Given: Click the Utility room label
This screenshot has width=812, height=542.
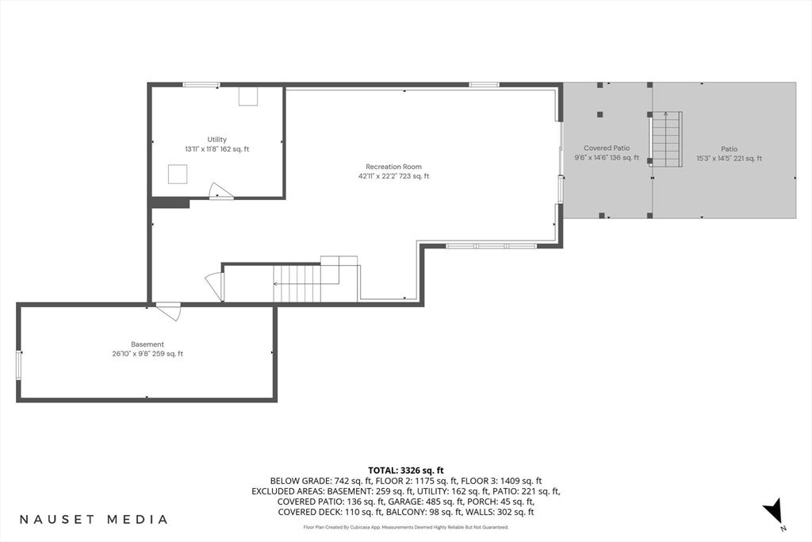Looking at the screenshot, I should [x=216, y=140].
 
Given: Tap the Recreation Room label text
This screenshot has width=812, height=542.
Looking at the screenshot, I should [x=393, y=167].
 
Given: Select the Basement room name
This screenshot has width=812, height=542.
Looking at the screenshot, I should [x=147, y=344].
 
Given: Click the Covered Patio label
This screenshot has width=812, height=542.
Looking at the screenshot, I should [x=607, y=148].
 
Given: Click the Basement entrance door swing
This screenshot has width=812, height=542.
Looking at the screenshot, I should [x=169, y=312].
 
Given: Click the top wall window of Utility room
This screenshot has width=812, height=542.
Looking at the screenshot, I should [x=201, y=84].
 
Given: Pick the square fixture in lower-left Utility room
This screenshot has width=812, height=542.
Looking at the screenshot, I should [x=178, y=174].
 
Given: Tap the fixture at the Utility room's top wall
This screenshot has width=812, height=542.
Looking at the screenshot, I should [x=249, y=96].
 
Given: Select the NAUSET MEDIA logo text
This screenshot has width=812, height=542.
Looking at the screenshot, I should [x=94, y=520].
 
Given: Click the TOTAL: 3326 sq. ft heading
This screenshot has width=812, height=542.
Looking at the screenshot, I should [x=405, y=471].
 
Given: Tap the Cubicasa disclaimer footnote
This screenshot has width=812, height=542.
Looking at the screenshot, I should [x=405, y=527].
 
